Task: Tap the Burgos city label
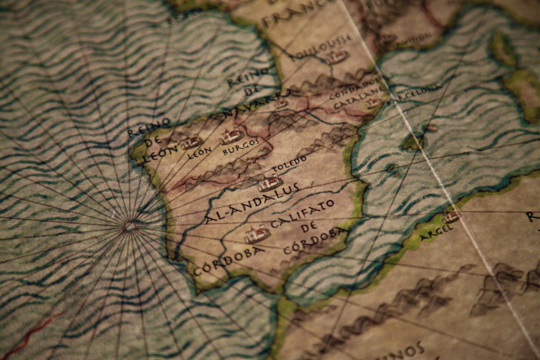point(241,147)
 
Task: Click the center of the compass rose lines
point(130,227)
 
